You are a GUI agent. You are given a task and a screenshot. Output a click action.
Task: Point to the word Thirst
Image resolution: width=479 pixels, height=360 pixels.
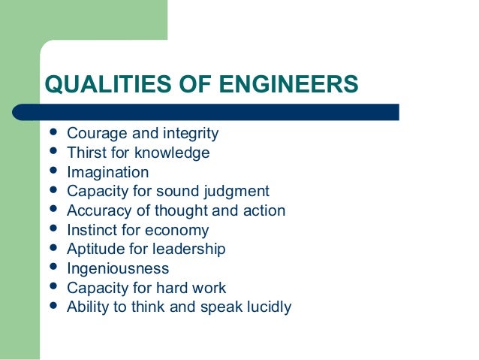[85, 153]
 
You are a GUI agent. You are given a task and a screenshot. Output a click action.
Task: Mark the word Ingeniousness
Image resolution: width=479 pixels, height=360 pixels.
[118, 269]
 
